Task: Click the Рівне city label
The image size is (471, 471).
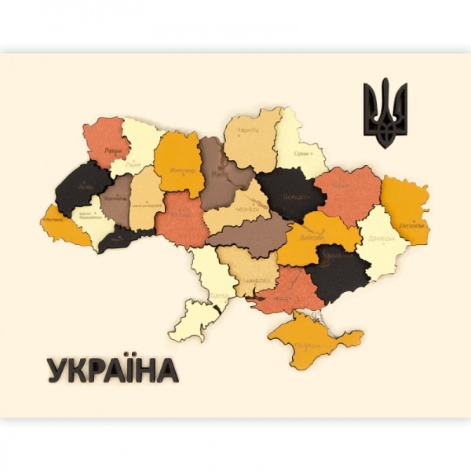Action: (x=133, y=166)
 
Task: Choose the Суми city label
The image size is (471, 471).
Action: (x=301, y=155)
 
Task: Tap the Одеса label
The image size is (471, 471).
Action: (x=220, y=296)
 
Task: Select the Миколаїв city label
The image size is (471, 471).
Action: (x=250, y=279)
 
